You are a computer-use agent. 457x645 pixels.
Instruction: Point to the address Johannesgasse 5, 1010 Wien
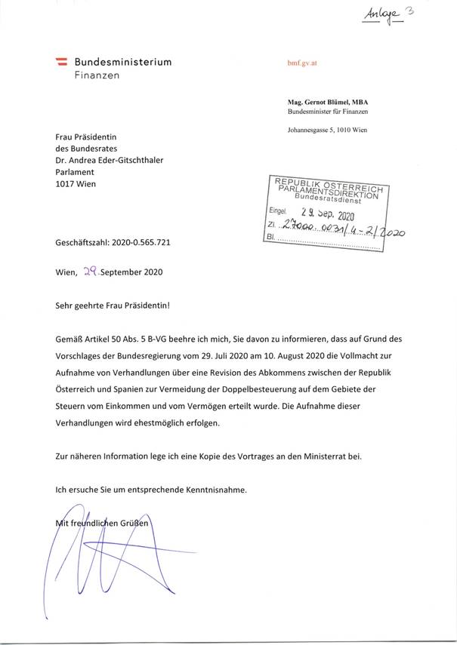tap(326, 131)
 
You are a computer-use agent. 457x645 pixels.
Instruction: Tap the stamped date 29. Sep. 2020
tap(332, 214)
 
